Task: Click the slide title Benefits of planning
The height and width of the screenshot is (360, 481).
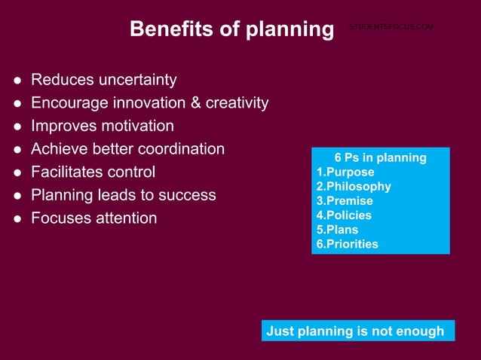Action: coord(231,29)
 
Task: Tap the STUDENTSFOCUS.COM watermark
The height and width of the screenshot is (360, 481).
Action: coord(391,27)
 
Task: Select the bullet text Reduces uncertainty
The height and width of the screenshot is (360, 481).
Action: coord(104,80)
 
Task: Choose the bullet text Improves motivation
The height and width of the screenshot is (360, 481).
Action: coord(103,126)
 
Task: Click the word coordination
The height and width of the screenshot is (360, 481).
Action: coord(179,149)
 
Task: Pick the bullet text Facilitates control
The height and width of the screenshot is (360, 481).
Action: coord(93,172)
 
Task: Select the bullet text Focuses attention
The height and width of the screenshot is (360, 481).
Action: coord(94,218)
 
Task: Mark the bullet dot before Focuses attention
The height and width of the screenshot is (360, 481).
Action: coord(17,219)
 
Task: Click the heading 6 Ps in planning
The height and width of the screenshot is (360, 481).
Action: coord(380,158)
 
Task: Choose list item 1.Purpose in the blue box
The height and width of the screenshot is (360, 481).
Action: coord(345,172)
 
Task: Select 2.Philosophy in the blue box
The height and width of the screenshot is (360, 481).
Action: coord(354,187)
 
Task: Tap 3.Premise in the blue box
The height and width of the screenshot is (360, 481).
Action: coord(345,201)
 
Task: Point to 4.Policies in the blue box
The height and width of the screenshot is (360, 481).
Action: coord(344,215)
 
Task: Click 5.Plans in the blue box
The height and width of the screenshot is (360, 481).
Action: coord(337,230)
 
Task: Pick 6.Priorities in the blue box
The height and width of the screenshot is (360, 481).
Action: coord(347,244)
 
